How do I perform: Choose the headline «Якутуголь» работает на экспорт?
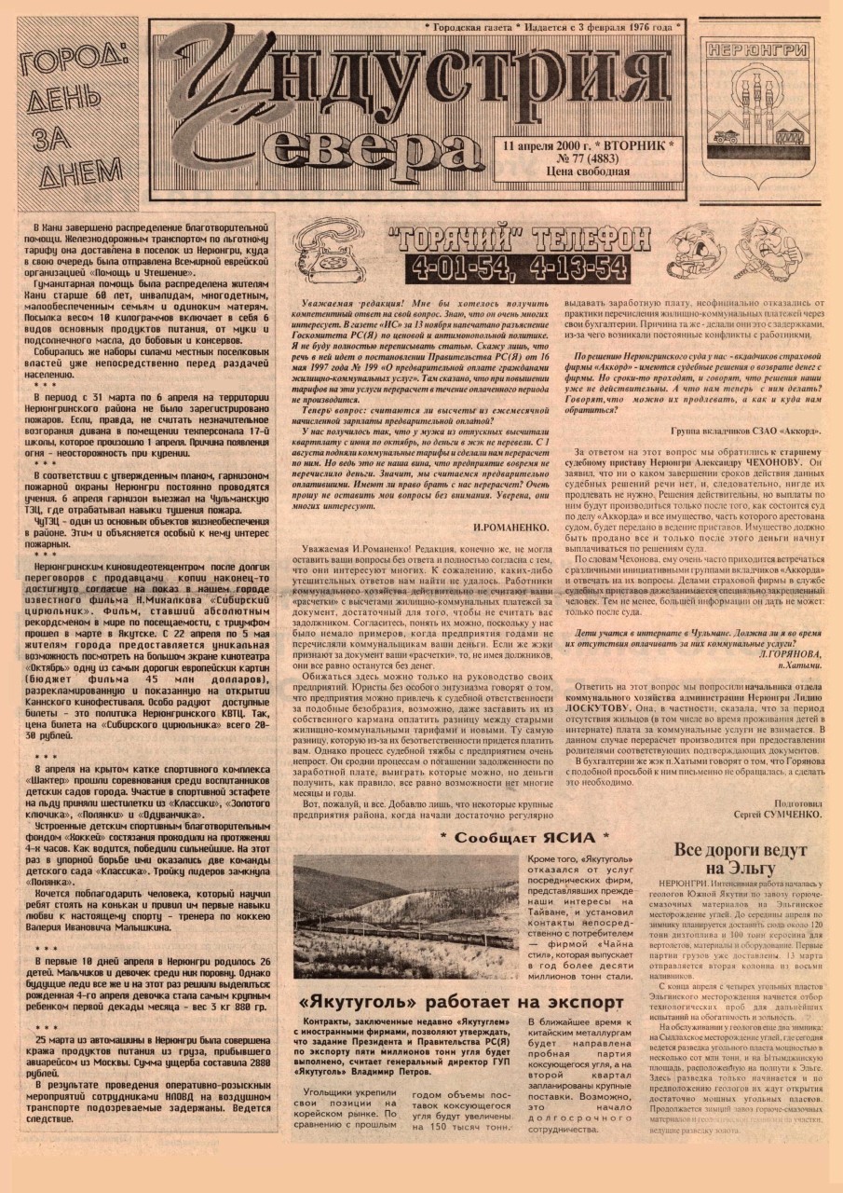coord(460,1003)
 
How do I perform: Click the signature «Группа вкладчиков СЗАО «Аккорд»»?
coord(744,430)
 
